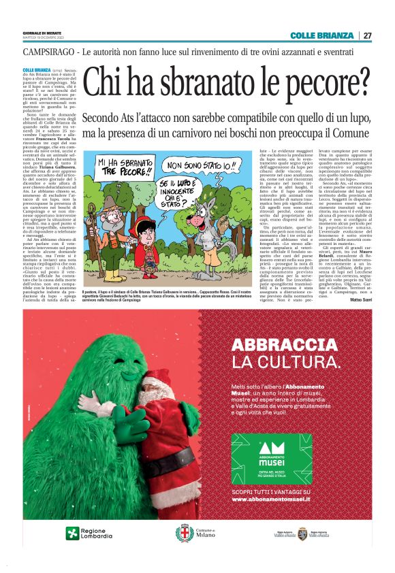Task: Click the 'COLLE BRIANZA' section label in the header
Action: pyautogui.click(x=321, y=35)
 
